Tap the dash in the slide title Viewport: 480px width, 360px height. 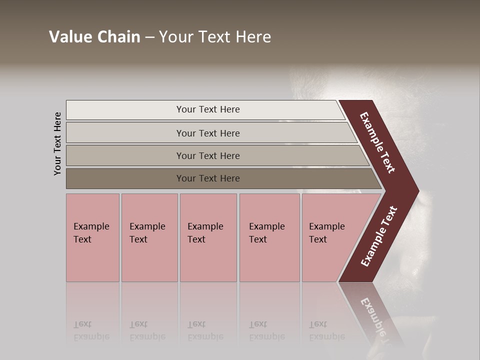pyautogui.click(x=149, y=37)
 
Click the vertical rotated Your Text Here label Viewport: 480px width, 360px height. pyautogui.click(x=57, y=143)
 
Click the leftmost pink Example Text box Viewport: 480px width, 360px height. pyautogui.click(x=92, y=237)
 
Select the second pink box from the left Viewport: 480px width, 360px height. pyautogui.click(x=149, y=237)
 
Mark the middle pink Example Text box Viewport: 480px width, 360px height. pyautogui.click(x=208, y=237)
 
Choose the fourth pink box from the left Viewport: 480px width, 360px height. pyautogui.click(x=269, y=237)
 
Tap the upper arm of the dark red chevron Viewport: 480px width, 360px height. pyautogui.click(x=377, y=142)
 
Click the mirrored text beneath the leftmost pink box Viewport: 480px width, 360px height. pyautogui.click(x=91, y=330)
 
